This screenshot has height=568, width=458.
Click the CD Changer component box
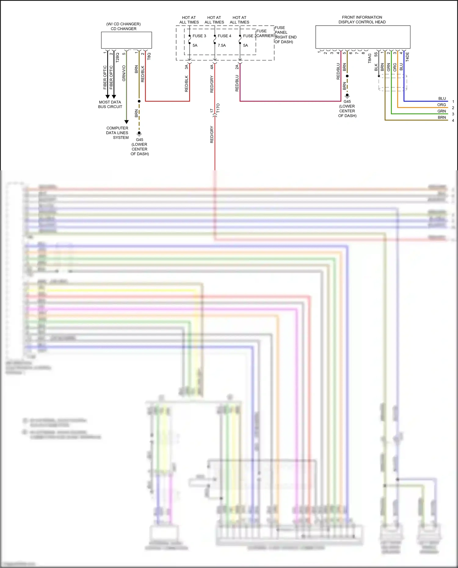pyautogui.click(x=126, y=40)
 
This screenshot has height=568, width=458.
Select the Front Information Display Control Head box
pyautogui.click(x=363, y=37)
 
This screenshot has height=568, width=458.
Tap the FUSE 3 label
pyautogui.click(x=199, y=36)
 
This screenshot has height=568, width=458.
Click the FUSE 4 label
pyautogui.click(x=224, y=36)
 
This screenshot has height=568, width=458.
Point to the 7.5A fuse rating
pyautogui.click(x=222, y=45)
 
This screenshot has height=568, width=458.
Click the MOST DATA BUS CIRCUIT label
pyautogui.click(x=110, y=104)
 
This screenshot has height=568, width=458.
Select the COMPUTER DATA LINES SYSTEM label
pyautogui.click(x=118, y=133)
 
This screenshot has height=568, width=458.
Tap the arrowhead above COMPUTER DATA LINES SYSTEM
pyautogui.click(x=126, y=122)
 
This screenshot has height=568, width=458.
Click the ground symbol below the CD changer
pyautogui.click(x=139, y=133)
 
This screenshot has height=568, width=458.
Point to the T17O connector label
pyautogui.click(x=218, y=108)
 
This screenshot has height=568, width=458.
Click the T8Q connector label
pyautogui.click(x=149, y=56)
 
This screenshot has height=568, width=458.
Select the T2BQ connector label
pyautogui.click(x=117, y=58)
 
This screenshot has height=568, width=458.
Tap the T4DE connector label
pyautogui.click(x=407, y=57)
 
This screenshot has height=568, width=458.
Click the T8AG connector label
pyautogui.click(x=369, y=58)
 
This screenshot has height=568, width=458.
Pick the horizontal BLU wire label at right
pyautogui.click(x=442, y=99)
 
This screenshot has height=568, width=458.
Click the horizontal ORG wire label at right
pyautogui.click(x=442, y=105)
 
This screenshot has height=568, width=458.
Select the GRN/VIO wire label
pyautogui.click(x=124, y=73)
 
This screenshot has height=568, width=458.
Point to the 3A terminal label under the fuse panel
pyautogui.click(x=186, y=67)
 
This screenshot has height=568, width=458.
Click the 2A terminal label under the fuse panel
pyautogui.click(x=237, y=67)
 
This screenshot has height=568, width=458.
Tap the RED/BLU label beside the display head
pyautogui.click(x=338, y=71)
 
